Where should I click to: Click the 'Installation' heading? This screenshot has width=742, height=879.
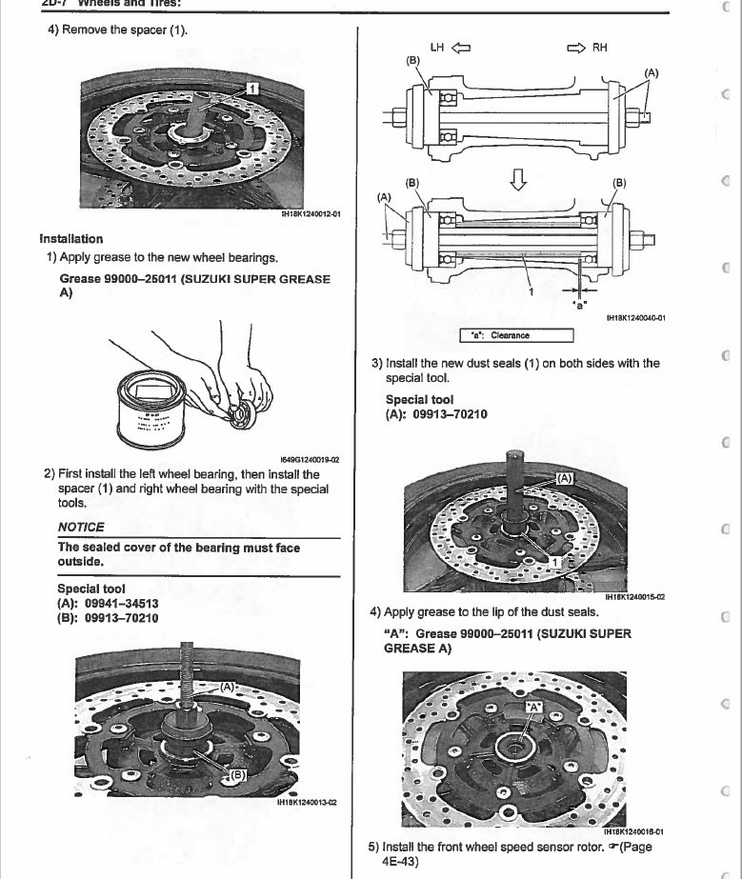(x=71, y=238)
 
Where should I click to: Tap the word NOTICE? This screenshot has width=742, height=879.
(x=82, y=527)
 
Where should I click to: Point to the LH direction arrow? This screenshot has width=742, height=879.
(x=462, y=47)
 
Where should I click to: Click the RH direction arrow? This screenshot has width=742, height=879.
(x=575, y=47)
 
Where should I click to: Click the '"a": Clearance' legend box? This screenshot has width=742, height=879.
(x=517, y=334)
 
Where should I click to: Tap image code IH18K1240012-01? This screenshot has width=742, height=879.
(x=311, y=216)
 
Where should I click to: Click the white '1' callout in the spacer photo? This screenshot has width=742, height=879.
(x=251, y=88)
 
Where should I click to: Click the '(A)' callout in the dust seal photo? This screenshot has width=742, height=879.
(x=564, y=478)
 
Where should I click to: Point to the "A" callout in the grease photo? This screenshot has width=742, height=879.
(x=534, y=707)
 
